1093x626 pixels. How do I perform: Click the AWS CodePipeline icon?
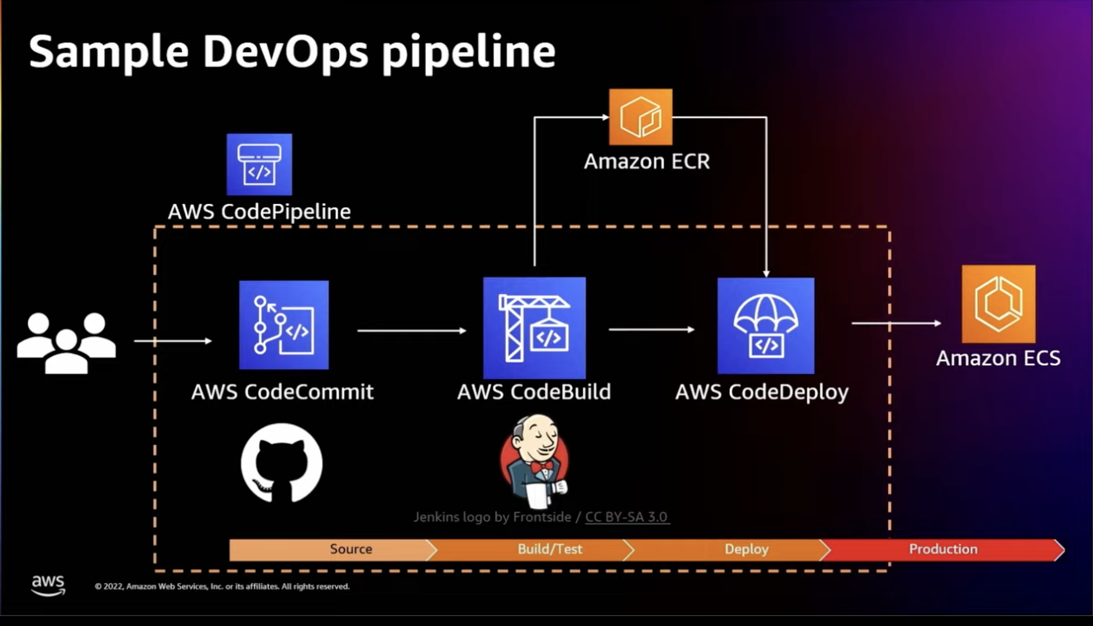pos(259,164)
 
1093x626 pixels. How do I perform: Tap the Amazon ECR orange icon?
pos(640,117)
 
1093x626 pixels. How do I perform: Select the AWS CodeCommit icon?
pos(284,325)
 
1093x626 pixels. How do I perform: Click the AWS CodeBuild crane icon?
pos(534,327)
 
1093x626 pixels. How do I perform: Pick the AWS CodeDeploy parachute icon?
pos(766,325)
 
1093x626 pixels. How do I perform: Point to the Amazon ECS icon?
pos(998,304)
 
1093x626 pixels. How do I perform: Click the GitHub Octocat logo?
pos(281,463)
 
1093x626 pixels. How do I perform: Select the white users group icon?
pos(66,342)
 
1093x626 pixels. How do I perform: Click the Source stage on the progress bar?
pos(351,549)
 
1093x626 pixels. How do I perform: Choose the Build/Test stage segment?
pos(549,549)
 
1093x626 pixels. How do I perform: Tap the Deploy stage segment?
pos(746,549)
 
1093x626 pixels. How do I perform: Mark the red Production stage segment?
pos(943,549)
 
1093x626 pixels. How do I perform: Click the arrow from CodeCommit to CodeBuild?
pos(412,330)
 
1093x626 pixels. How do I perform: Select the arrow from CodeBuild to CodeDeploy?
pos(652,330)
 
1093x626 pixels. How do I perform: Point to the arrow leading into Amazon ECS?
pos(896,323)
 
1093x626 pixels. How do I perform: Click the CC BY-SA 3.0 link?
pos(627,517)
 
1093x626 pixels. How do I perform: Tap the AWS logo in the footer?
pos(48,585)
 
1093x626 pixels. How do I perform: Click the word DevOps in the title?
pos(285,52)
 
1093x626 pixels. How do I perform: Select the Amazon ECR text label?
pos(647,161)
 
